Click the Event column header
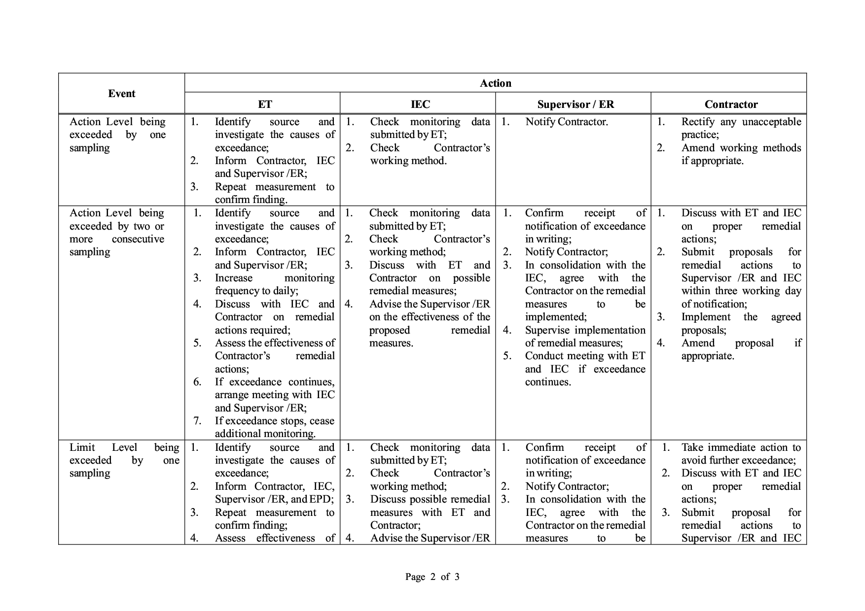121,94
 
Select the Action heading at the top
495,83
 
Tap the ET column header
265,104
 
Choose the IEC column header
420,104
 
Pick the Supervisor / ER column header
576,104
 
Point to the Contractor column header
731,104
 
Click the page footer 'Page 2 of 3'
432,577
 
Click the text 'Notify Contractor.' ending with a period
567,122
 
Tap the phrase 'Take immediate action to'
741,447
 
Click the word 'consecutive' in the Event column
138,239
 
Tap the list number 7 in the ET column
197,421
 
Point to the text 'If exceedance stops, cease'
274,421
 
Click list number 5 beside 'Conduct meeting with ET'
507,356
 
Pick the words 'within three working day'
741,291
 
